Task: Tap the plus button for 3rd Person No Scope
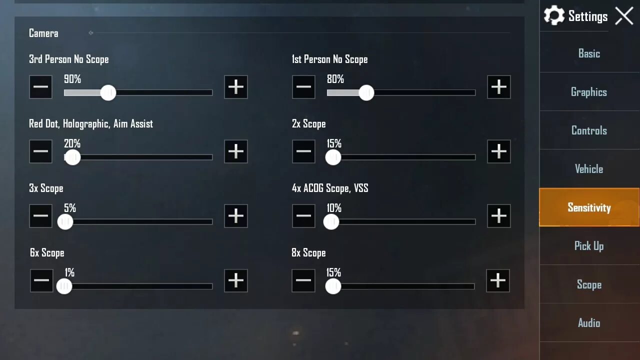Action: tap(236, 87)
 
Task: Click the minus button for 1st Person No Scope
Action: tap(303, 87)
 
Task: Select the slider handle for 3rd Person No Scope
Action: tap(108, 92)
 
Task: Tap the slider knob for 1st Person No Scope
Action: tap(366, 92)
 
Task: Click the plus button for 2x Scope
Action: tap(498, 151)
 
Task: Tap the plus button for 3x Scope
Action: tap(236, 216)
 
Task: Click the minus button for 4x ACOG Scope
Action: tap(303, 216)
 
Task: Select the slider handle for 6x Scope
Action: tap(64, 286)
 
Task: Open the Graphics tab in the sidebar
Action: tap(589, 92)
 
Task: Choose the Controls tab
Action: tap(589, 130)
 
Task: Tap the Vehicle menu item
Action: tap(589, 169)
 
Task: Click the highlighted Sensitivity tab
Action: tap(589, 207)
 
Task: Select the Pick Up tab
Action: tap(589, 246)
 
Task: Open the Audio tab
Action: tap(589, 323)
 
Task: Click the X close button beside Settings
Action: tap(624, 16)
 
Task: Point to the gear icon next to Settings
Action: tap(554, 16)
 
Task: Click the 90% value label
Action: tap(72, 79)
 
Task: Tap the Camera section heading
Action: tap(43, 33)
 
